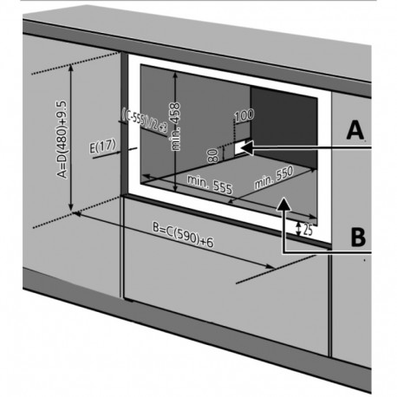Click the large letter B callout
(x=355, y=236)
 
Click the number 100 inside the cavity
(x=244, y=114)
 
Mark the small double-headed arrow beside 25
(x=297, y=230)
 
